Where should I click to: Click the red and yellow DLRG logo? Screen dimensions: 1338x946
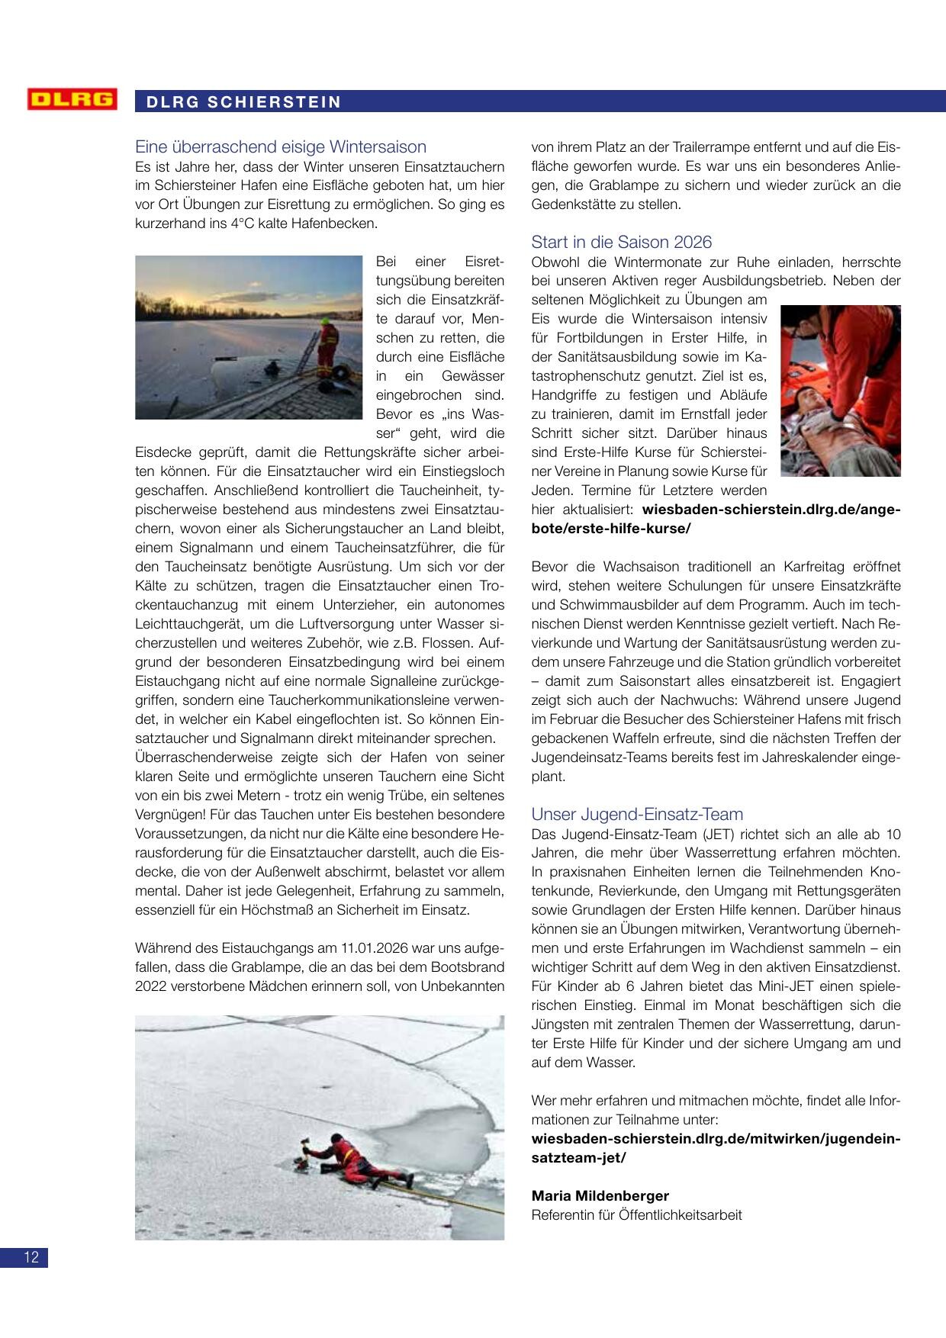72,100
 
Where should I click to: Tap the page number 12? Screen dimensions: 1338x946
31,1258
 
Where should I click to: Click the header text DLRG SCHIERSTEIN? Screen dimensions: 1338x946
239,102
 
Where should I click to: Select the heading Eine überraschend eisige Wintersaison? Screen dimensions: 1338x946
280,146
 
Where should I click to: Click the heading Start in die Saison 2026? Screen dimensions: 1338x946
621,242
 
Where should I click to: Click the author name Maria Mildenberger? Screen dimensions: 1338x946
600,1195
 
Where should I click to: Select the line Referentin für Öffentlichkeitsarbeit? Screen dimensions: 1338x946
636,1215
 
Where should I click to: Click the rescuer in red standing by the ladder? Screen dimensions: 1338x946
327,347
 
